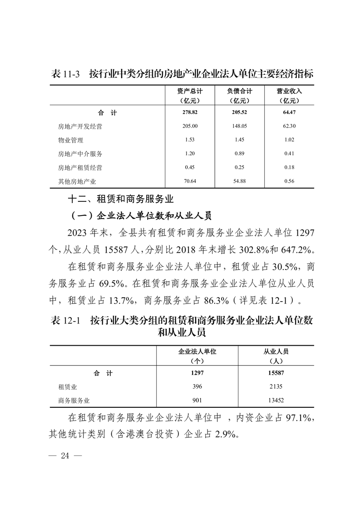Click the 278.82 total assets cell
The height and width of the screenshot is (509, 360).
(190, 112)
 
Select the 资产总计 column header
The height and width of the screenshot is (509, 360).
(190, 91)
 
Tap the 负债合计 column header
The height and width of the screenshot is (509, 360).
(240, 91)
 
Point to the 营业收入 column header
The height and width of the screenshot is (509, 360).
(289, 91)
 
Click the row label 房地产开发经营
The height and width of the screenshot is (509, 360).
(77, 127)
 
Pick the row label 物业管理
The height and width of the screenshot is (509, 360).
(68, 140)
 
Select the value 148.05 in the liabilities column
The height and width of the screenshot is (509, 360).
(240, 127)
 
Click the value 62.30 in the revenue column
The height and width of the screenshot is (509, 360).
(289, 127)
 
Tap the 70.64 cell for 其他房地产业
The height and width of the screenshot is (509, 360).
(190, 181)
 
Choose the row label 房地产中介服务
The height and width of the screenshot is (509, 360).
(77, 154)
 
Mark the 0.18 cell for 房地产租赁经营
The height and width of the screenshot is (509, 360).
(289, 167)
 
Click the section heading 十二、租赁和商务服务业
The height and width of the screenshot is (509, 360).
(120, 199)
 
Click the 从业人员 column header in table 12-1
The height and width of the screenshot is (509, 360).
(276, 351)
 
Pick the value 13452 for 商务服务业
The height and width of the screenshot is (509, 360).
(276, 400)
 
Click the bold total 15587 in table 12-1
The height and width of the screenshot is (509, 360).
(276, 373)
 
